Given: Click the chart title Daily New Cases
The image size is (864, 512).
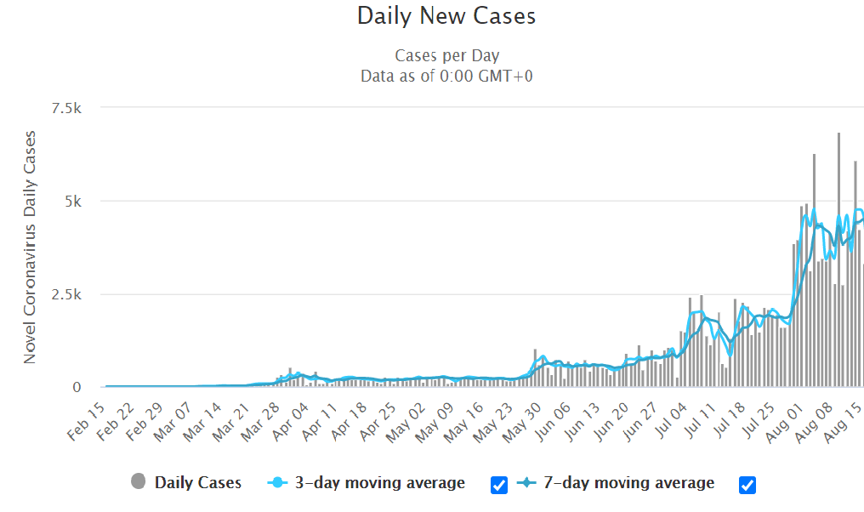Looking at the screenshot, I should click(x=446, y=16).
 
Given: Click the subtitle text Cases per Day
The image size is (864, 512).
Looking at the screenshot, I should click(x=446, y=55).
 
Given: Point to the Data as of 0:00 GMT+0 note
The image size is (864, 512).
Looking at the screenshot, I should click(x=446, y=76).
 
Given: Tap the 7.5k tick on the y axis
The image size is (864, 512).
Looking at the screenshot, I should click(x=65, y=108).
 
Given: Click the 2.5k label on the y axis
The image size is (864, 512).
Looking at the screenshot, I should click(x=65, y=294).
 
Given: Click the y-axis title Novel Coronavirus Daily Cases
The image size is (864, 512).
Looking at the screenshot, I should click(x=30, y=247).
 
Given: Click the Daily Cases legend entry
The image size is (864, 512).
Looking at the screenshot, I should click(x=186, y=483).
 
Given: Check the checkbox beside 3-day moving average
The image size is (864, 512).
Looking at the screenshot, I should click(x=499, y=485).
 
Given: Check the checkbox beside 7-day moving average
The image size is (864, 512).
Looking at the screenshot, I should click(x=747, y=485).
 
